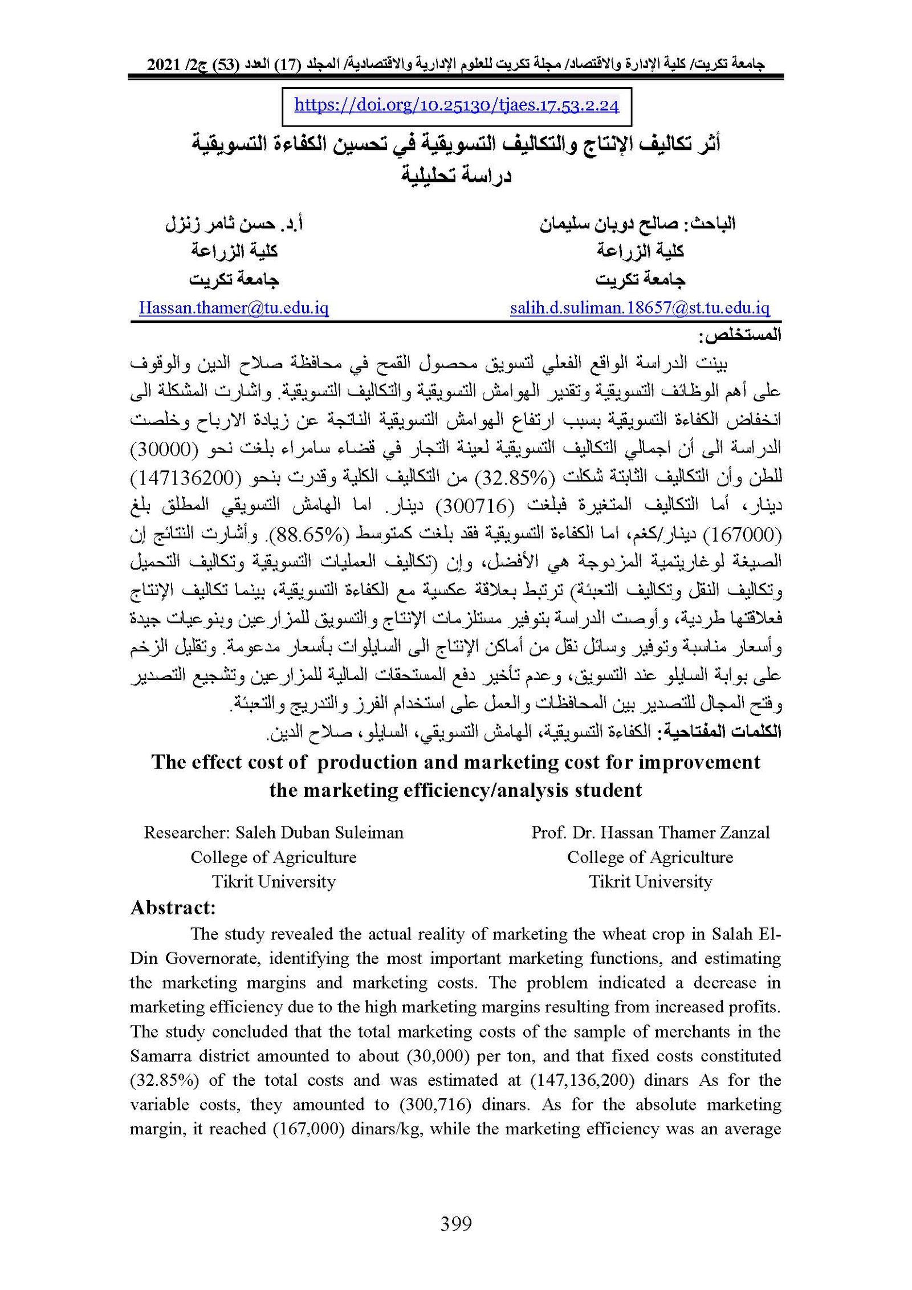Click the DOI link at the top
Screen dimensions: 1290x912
pyautogui.click(x=456, y=105)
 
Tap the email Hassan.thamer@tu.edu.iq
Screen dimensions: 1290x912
pyautogui.click(x=234, y=308)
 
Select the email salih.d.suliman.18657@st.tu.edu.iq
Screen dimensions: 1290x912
pyautogui.click(x=640, y=308)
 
